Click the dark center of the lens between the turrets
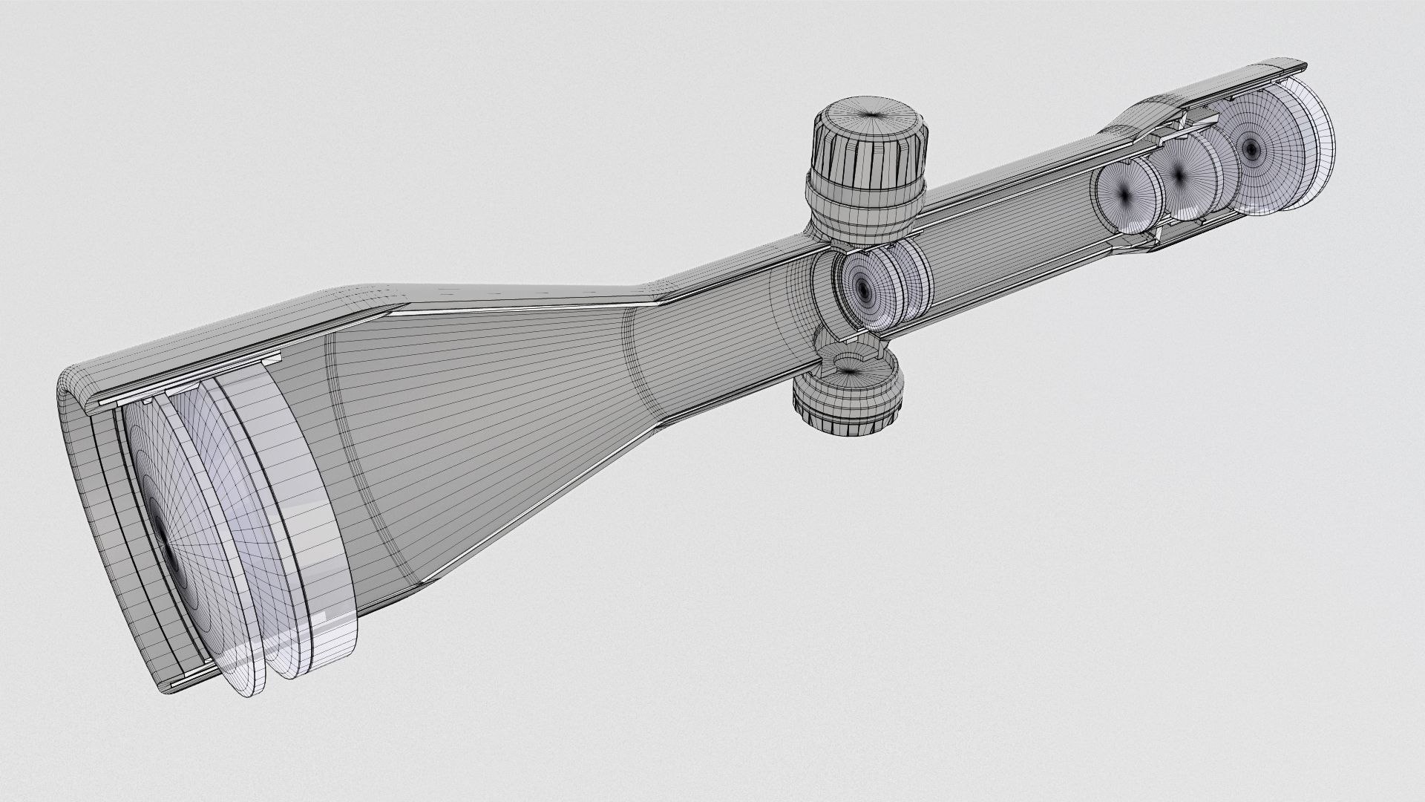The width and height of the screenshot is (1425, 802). [x=862, y=287]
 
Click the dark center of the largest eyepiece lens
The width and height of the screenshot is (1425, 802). [x=1252, y=149]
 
